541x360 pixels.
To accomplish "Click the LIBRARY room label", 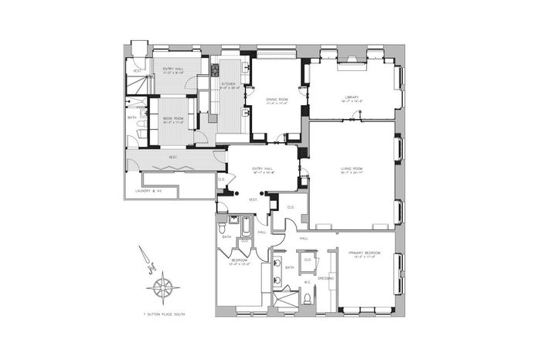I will pos(353,97).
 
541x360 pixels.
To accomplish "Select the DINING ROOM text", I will pos(277,99).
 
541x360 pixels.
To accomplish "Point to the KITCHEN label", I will pos(229,83).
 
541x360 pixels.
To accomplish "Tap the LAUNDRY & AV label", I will pos(149,190).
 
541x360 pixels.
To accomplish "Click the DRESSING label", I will pos(325,277).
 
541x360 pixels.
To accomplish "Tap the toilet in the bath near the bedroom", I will pos(223,229).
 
